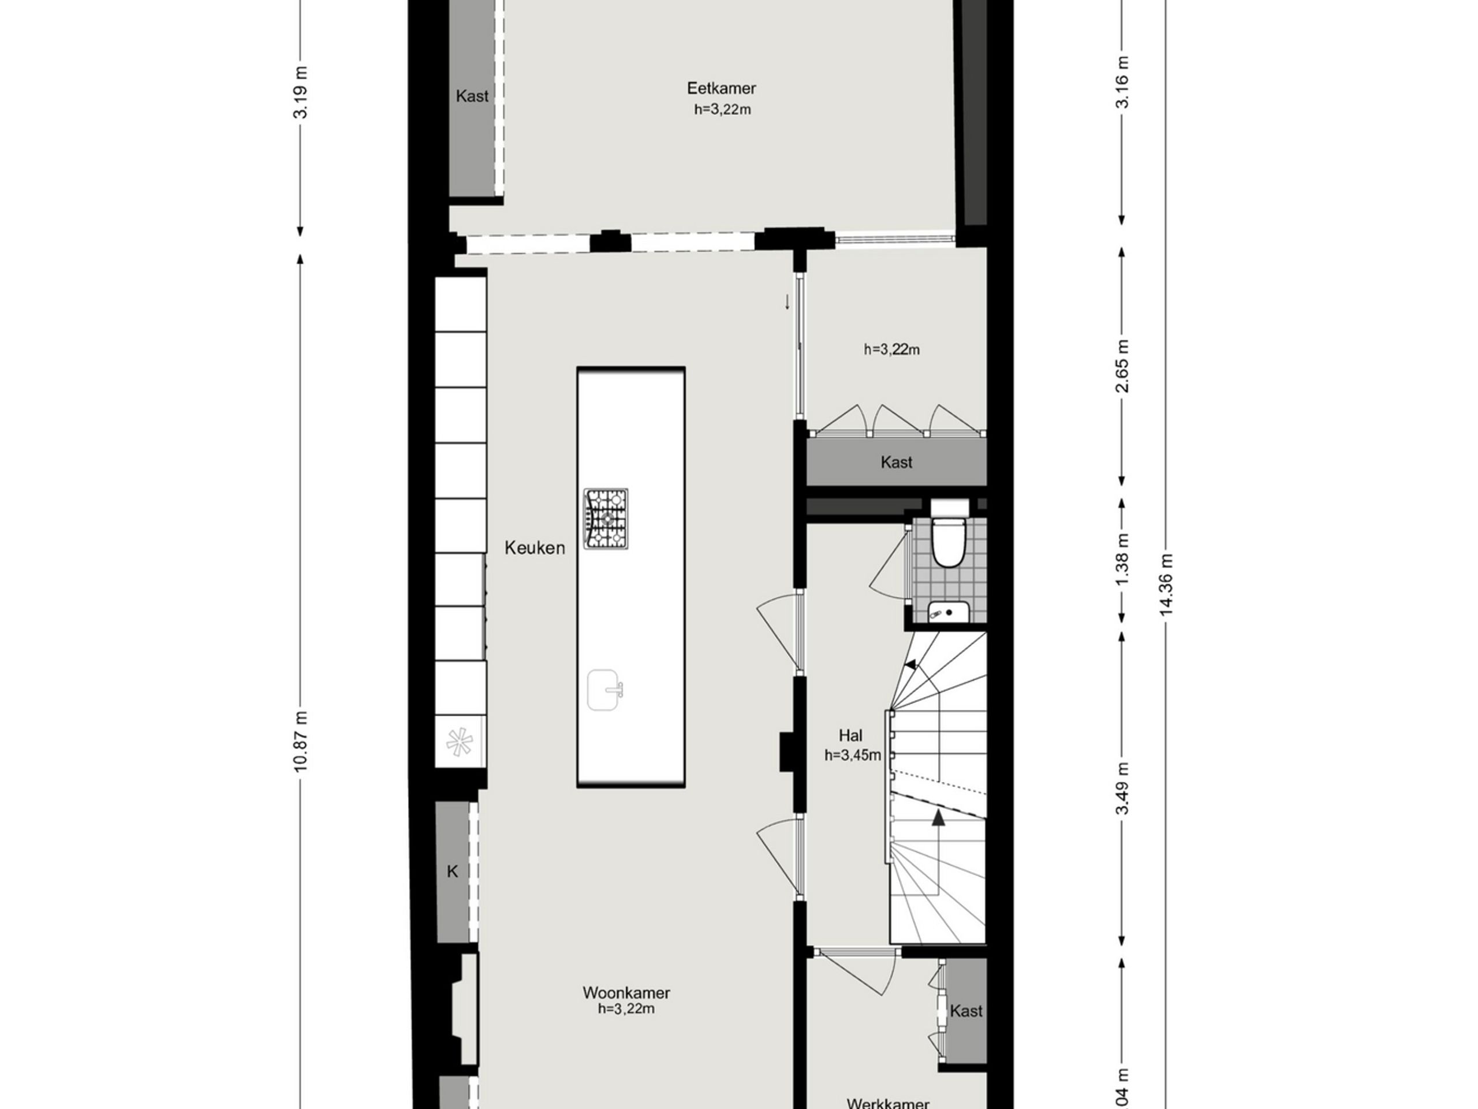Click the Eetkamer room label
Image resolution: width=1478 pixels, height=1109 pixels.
(x=721, y=88)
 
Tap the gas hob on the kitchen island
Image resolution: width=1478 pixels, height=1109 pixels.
(x=606, y=519)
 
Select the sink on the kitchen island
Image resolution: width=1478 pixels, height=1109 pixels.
(x=604, y=690)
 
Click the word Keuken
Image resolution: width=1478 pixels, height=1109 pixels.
(x=535, y=548)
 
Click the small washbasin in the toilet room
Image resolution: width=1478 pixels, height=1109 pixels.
(x=948, y=611)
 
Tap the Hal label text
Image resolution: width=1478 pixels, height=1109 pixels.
(x=850, y=736)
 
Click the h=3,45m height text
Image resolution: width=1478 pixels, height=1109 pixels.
(x=852, y=756)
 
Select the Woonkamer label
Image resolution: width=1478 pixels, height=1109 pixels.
(x=626, y=993)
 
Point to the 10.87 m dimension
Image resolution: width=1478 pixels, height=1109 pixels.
(x=301, y=740)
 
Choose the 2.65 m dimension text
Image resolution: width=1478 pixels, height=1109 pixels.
(x=1123, y=366)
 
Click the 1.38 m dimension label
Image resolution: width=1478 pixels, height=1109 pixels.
(x=1123, y=559)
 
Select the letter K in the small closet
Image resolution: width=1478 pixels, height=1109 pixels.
(x=453, y=872)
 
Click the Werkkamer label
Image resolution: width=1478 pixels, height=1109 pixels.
(x=887, y=1103)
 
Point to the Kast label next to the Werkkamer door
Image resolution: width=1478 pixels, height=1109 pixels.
(x=966, y=1011)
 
